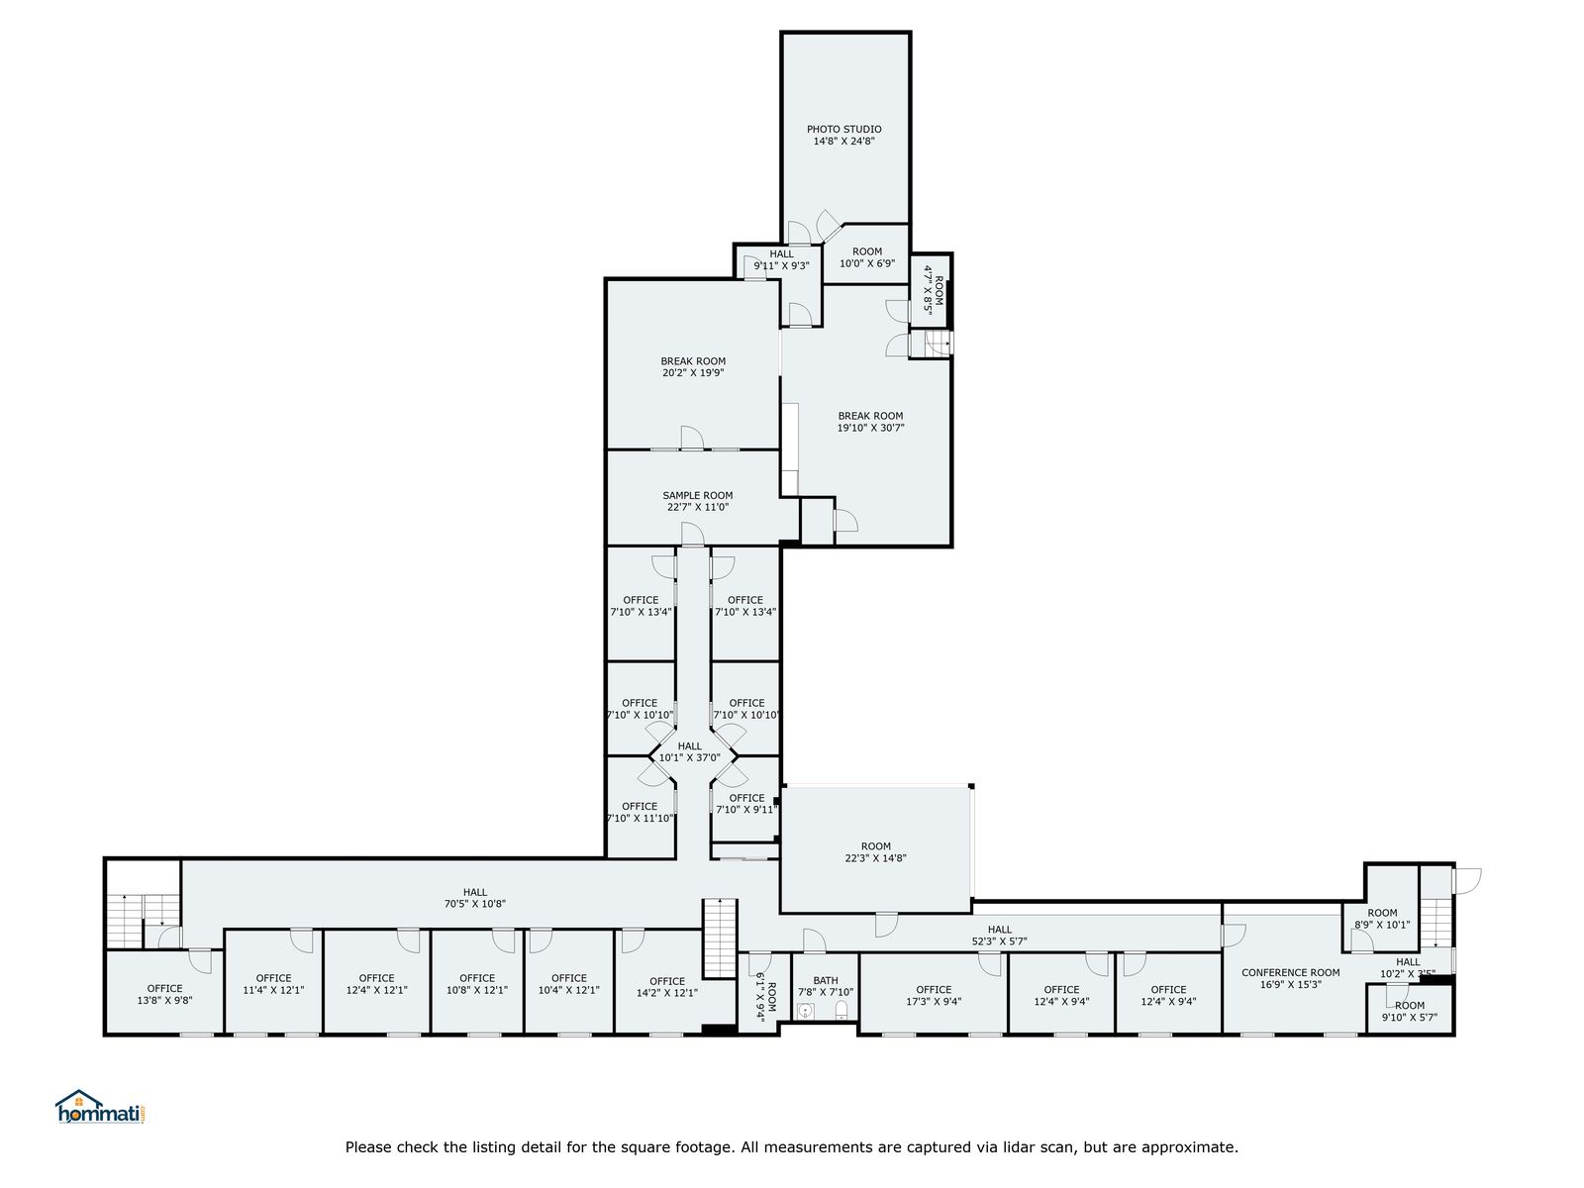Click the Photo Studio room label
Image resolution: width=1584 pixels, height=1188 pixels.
[x=843, y=129]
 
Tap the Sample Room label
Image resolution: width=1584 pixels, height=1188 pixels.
[x=697, y=496]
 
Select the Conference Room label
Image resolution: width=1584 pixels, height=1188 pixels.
[x=1290, y=972]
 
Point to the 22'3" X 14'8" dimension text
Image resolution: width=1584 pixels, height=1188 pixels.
[x=875, y=857]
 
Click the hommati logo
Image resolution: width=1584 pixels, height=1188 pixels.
[x=101, y=1107]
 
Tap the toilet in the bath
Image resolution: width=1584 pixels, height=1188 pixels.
[x=841, y=1010]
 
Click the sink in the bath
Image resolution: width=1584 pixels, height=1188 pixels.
[x=805, y=1011]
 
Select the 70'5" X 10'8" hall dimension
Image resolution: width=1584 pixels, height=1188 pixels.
[x=475, y=903]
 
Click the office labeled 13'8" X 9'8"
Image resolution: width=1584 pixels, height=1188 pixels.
[x=164, y=994]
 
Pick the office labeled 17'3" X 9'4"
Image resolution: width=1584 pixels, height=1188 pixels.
[x=934, y=995]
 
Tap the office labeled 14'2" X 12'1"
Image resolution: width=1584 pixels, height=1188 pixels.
[x=667, y=987]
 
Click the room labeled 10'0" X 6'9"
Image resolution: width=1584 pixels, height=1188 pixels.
[x=866, y=257]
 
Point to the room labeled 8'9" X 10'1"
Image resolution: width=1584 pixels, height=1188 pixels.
[x=1382, y=919]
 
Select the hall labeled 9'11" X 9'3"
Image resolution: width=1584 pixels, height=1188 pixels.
[x=781, y=259]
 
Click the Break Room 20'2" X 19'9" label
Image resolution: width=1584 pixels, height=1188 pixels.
[x=693, y=367]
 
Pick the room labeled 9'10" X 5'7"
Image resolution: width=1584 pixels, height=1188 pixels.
[x=1410, y=1011]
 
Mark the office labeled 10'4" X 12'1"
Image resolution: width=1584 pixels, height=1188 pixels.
[x=568, y=984]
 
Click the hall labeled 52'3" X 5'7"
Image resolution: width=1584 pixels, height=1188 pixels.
[x=1000, y=936]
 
